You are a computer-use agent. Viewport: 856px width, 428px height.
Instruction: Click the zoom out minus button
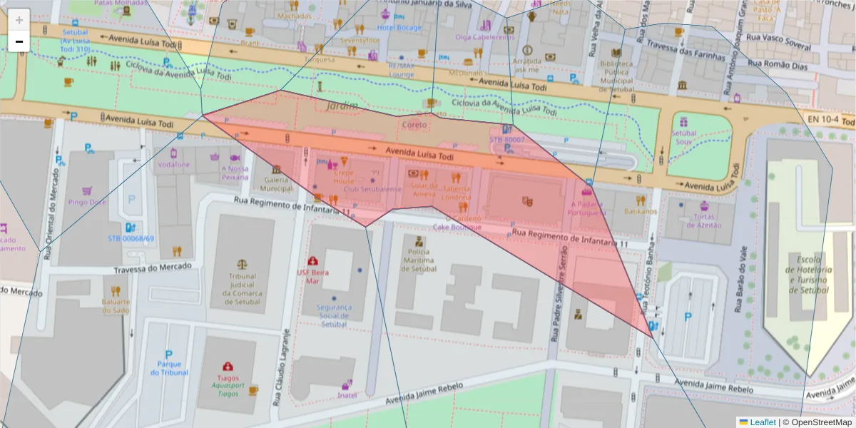click(19, 42)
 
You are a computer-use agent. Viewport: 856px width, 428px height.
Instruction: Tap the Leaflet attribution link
click(762, 422)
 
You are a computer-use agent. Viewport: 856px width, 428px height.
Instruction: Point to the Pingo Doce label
click(87, 202)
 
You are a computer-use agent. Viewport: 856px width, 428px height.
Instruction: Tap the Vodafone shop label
click(174, 164)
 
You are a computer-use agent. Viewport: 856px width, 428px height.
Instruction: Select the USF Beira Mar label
click(312, 276)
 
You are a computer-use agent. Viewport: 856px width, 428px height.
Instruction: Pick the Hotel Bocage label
click(399, 28)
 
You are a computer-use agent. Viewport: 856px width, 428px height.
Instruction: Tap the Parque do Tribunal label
click(169, 368)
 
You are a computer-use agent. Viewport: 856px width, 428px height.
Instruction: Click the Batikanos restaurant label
click(640, 211)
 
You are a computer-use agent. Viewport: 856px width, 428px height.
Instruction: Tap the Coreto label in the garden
click(414, 125)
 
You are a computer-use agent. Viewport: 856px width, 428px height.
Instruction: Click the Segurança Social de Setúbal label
click(335, 315)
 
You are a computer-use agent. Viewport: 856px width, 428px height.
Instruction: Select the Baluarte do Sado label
click(116, 305)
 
